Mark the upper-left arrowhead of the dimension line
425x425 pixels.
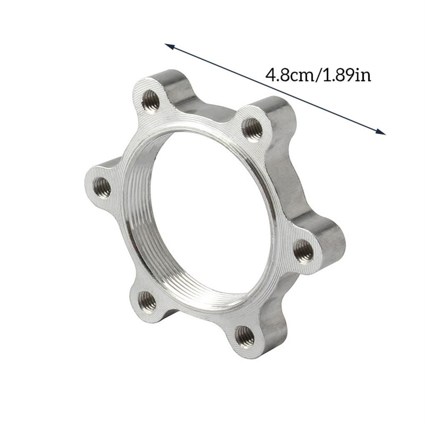point(167,45)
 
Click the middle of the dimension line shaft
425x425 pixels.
point(275,89)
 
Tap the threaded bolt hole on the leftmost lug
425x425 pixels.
point(102,188)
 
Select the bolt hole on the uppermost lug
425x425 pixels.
point(150,100)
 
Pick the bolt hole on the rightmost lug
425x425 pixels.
point(302,250)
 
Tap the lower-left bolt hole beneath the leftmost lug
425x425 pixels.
point(147,301)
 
